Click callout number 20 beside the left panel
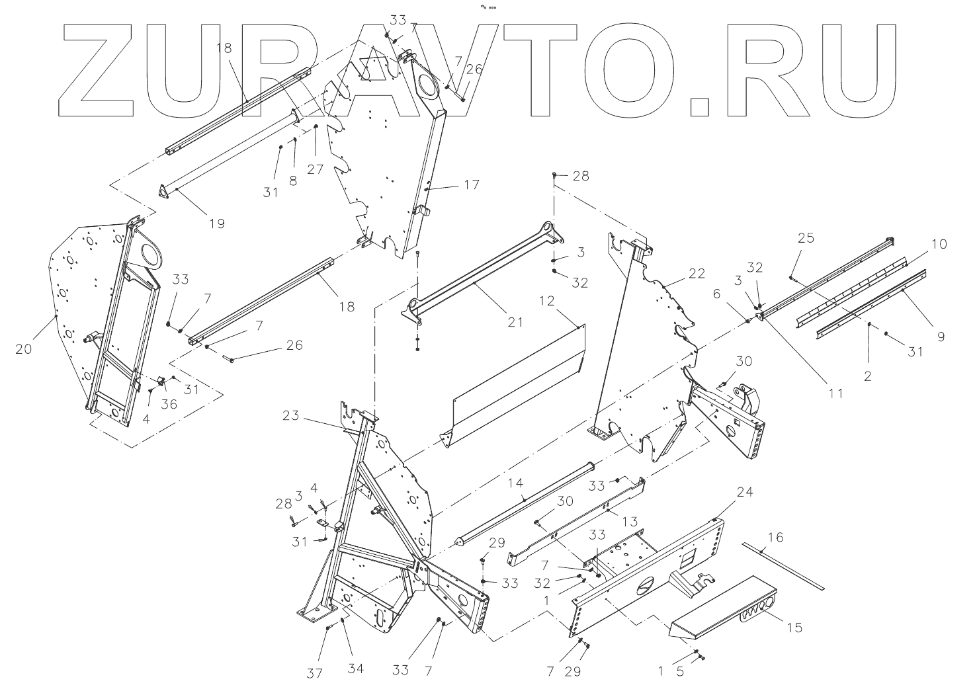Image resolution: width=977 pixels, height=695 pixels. [23, 349]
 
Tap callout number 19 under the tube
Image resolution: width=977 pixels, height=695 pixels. [217, 224]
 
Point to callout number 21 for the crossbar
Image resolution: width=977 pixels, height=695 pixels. [515, 322]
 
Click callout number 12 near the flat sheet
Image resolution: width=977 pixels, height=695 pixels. [546, 302]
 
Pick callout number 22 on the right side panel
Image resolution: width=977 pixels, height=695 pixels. [696, 272]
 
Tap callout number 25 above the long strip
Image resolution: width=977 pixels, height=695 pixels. [806, 238]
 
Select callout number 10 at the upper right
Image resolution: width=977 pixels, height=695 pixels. [939, 244]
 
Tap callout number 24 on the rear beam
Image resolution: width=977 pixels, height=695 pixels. [745, 493]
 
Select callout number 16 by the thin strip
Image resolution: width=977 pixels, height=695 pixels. [775, 537]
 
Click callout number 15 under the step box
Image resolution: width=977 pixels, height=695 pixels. [794, 626]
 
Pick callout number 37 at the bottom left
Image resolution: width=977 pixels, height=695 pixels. [315, 673]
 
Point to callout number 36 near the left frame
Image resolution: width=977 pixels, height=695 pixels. [169, 403]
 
